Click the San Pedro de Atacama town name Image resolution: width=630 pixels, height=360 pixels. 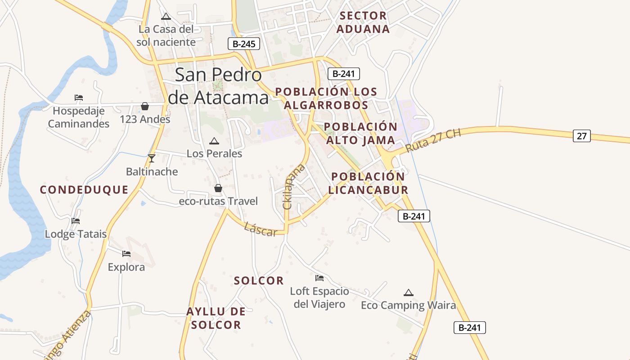[218, 86]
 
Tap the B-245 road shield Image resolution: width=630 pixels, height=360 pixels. [243, 44]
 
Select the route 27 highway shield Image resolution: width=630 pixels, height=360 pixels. [581, 135]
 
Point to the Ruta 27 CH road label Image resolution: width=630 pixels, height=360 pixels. [433, 141]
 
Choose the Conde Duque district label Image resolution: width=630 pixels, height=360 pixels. [84, 189]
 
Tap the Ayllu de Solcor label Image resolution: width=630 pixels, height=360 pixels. [216, 318]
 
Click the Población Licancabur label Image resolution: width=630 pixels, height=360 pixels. [368, 183]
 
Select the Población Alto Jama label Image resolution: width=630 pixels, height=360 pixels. [360, 133]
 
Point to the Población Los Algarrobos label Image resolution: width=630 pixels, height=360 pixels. [326, 98]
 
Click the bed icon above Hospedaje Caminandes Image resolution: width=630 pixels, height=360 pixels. [79, 97]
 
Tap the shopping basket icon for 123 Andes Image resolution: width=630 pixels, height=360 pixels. [145, 106]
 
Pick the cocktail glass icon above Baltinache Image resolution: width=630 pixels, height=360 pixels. [152, 158]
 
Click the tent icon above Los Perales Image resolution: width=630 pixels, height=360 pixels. [214, 141]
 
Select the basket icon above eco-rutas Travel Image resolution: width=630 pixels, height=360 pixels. [218, 188]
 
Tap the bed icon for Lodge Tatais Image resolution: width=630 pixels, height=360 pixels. [76, 221]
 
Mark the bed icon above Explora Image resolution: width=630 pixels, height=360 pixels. [126, 254]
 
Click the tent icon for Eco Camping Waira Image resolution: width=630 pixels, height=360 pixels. [409, 292]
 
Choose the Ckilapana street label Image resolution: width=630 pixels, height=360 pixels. [293, 187]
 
